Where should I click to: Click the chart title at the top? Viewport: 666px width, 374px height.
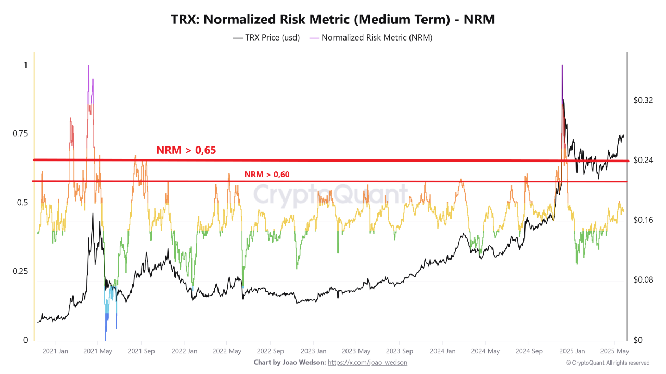(x=333, y=19)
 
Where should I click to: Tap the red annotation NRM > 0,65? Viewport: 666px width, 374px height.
(x=186, y=150)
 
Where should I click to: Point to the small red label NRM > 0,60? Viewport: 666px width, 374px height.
(x=266, y=175)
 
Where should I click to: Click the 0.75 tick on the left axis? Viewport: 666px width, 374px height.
(x=20, y=134)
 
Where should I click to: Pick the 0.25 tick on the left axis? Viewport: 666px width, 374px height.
(x=20, y=271)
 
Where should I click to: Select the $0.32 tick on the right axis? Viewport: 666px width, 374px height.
(x=643, y=100)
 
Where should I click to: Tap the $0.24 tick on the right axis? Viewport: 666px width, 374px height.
(x=643, y=161)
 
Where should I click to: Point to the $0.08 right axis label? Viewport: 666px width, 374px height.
(x=643, y=280)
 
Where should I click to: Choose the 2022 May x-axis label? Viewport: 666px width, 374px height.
(x=227, y=351)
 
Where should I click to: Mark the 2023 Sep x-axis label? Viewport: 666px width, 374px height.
(x=400, y=351)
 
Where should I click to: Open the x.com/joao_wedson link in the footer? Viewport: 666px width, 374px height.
(x=367, y=362)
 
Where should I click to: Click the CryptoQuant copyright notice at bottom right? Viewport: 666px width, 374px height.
(x=607, y=363)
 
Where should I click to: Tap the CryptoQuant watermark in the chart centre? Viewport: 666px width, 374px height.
(x=331, y=195)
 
